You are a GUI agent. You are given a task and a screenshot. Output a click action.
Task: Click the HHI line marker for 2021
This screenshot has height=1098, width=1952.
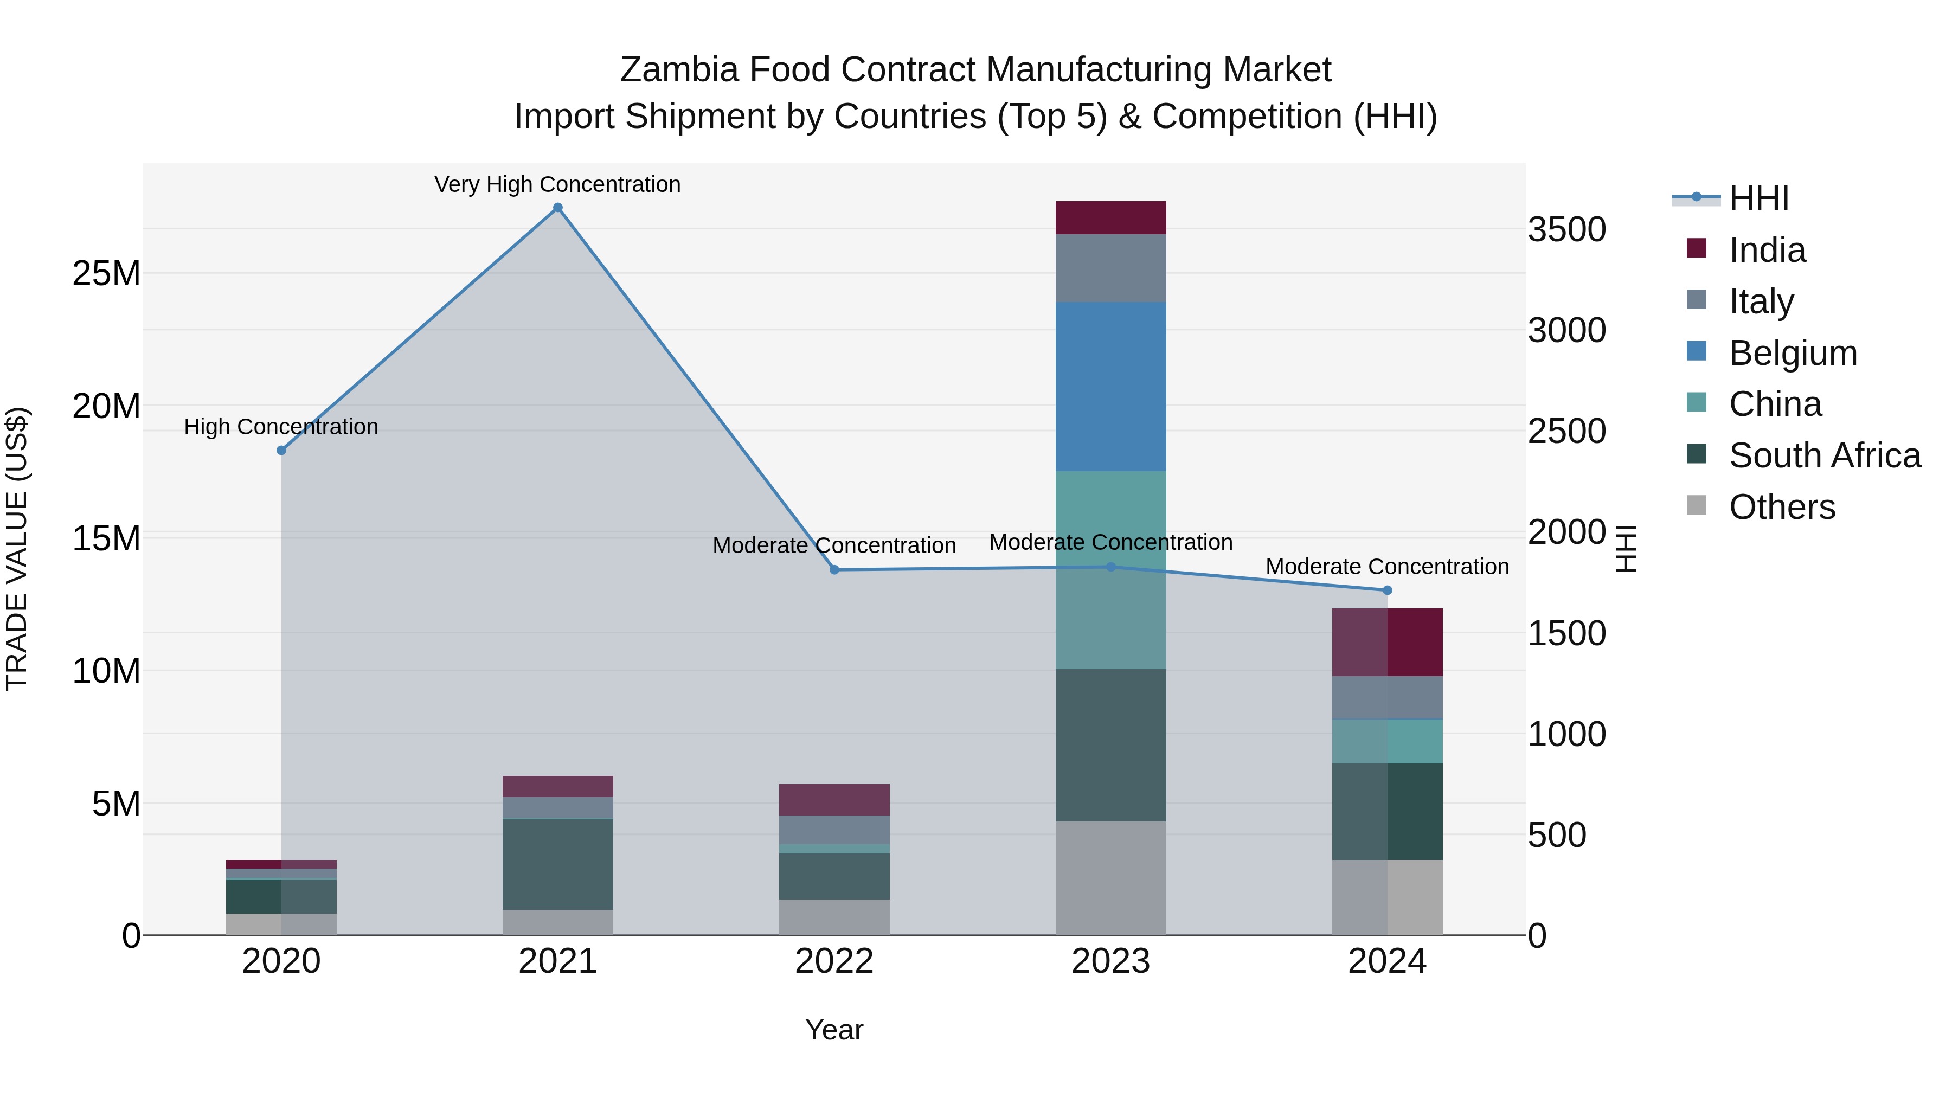tap(558, 208)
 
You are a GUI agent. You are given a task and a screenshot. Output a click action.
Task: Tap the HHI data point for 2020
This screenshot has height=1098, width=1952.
tap(281, 450)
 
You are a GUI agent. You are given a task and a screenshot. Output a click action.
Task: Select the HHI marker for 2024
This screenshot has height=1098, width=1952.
tap(1388, 590)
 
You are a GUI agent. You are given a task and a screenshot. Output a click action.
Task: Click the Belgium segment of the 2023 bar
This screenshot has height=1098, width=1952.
tap(1111, 387)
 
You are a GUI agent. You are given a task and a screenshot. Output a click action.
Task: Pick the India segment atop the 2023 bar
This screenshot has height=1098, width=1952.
tap(1111, 218)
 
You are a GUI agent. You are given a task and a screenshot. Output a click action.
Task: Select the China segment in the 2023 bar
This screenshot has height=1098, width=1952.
tap(1111, 570)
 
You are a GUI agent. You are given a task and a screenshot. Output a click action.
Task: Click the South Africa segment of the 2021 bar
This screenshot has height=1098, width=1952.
tap(558, 864)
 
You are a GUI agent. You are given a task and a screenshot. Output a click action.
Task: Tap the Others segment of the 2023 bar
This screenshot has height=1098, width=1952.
tap(1111, 878)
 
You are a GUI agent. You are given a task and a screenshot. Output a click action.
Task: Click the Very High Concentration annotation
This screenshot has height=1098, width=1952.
tap(558, 185)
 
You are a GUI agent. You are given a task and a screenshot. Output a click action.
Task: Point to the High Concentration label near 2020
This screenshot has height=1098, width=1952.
tap(281, 427)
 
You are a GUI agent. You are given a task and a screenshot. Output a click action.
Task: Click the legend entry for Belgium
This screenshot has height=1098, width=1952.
tap(1793, 353)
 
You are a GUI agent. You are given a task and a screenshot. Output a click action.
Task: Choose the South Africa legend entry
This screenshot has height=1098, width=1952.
tap(1825, 456)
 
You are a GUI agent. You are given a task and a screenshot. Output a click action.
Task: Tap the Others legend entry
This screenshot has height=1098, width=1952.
tap(1782, 507)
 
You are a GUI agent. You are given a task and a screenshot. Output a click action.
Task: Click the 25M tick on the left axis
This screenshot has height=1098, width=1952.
tap(106, 274)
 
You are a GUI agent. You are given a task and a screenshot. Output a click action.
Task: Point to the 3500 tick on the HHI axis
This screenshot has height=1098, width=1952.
tap(1566, 229)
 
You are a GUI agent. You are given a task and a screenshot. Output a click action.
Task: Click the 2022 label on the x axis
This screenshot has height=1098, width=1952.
tap(834, 961)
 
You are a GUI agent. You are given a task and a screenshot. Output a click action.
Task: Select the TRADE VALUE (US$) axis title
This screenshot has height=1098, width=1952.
tap(17, 549)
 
